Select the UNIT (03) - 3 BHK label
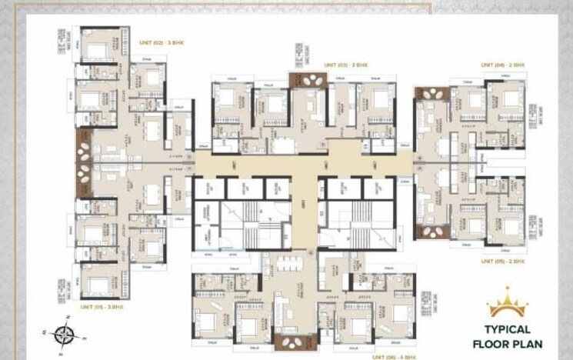(x=346, y=65)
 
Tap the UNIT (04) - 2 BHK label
(x=503, y=65)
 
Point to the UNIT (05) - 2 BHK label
(x=503, y=262)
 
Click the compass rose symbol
(x=64, y=335)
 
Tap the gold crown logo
(x=508, y=304)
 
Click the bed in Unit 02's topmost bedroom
(x=98, y=51)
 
